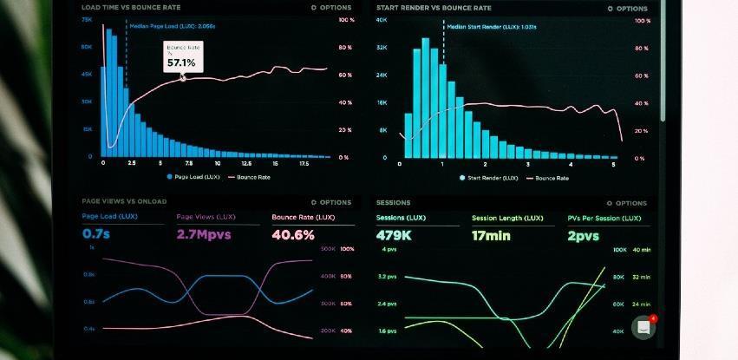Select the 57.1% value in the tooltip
[x=181, y=63]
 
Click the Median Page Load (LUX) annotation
[x=172, y=26]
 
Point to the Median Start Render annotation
[x=491, y=27]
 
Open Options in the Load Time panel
[x=331, y=8]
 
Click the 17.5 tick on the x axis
[x=304, y=163]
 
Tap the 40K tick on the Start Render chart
[x=381, y=19]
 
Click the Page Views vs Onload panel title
[x=124, y=201]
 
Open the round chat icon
[x=643, y=327]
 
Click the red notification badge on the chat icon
[x=653, y=318]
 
